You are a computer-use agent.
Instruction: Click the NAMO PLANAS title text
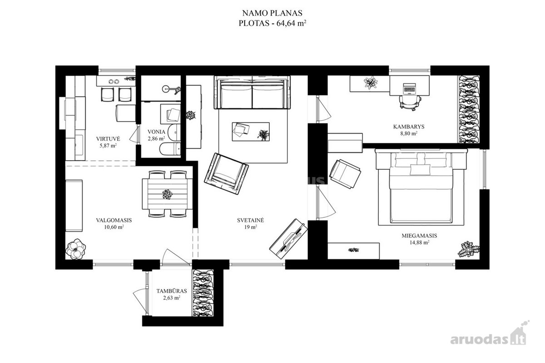click(x=272, y=13)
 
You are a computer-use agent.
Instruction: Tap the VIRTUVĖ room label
click(x=108, y=139)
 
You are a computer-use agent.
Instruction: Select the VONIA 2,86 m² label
click(x=156, y=135)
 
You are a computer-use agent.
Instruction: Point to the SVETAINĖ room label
click(x=250, y=220)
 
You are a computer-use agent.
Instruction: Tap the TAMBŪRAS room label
click(x=172, y=291)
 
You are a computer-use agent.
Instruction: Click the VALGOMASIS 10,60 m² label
click(x=114, y=224)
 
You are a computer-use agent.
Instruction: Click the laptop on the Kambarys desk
click(x=409, y=88)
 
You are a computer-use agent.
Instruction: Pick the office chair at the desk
click(x=410, y=103)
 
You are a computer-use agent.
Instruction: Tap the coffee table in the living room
click(x=251, y=132)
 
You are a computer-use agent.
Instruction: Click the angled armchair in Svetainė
click(x=226, y=173)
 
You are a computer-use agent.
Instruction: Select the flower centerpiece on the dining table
click(x=167, y=194)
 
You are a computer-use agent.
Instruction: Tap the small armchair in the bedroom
click(x=345, y=174)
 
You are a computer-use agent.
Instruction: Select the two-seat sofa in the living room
click(x=253, y=92)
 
